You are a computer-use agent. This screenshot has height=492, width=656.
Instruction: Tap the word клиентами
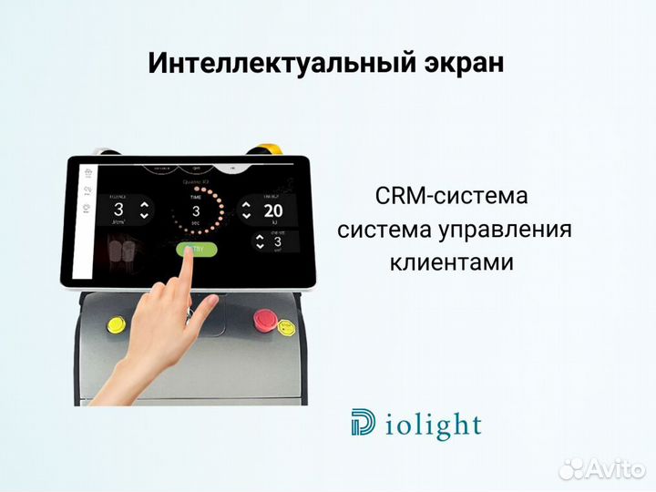tap(453, 262)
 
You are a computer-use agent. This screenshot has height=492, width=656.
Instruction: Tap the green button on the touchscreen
tap(197, 249)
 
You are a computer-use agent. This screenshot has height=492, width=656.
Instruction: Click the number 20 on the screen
tap(273, 210)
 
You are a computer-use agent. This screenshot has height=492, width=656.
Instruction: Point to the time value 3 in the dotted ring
tap(195, 210)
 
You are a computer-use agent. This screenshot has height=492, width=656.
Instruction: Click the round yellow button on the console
tap(118, 323)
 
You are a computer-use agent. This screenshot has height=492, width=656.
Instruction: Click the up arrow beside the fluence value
tap(143, 205)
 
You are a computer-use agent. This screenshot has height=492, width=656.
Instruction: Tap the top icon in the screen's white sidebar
tap(87, 170)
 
